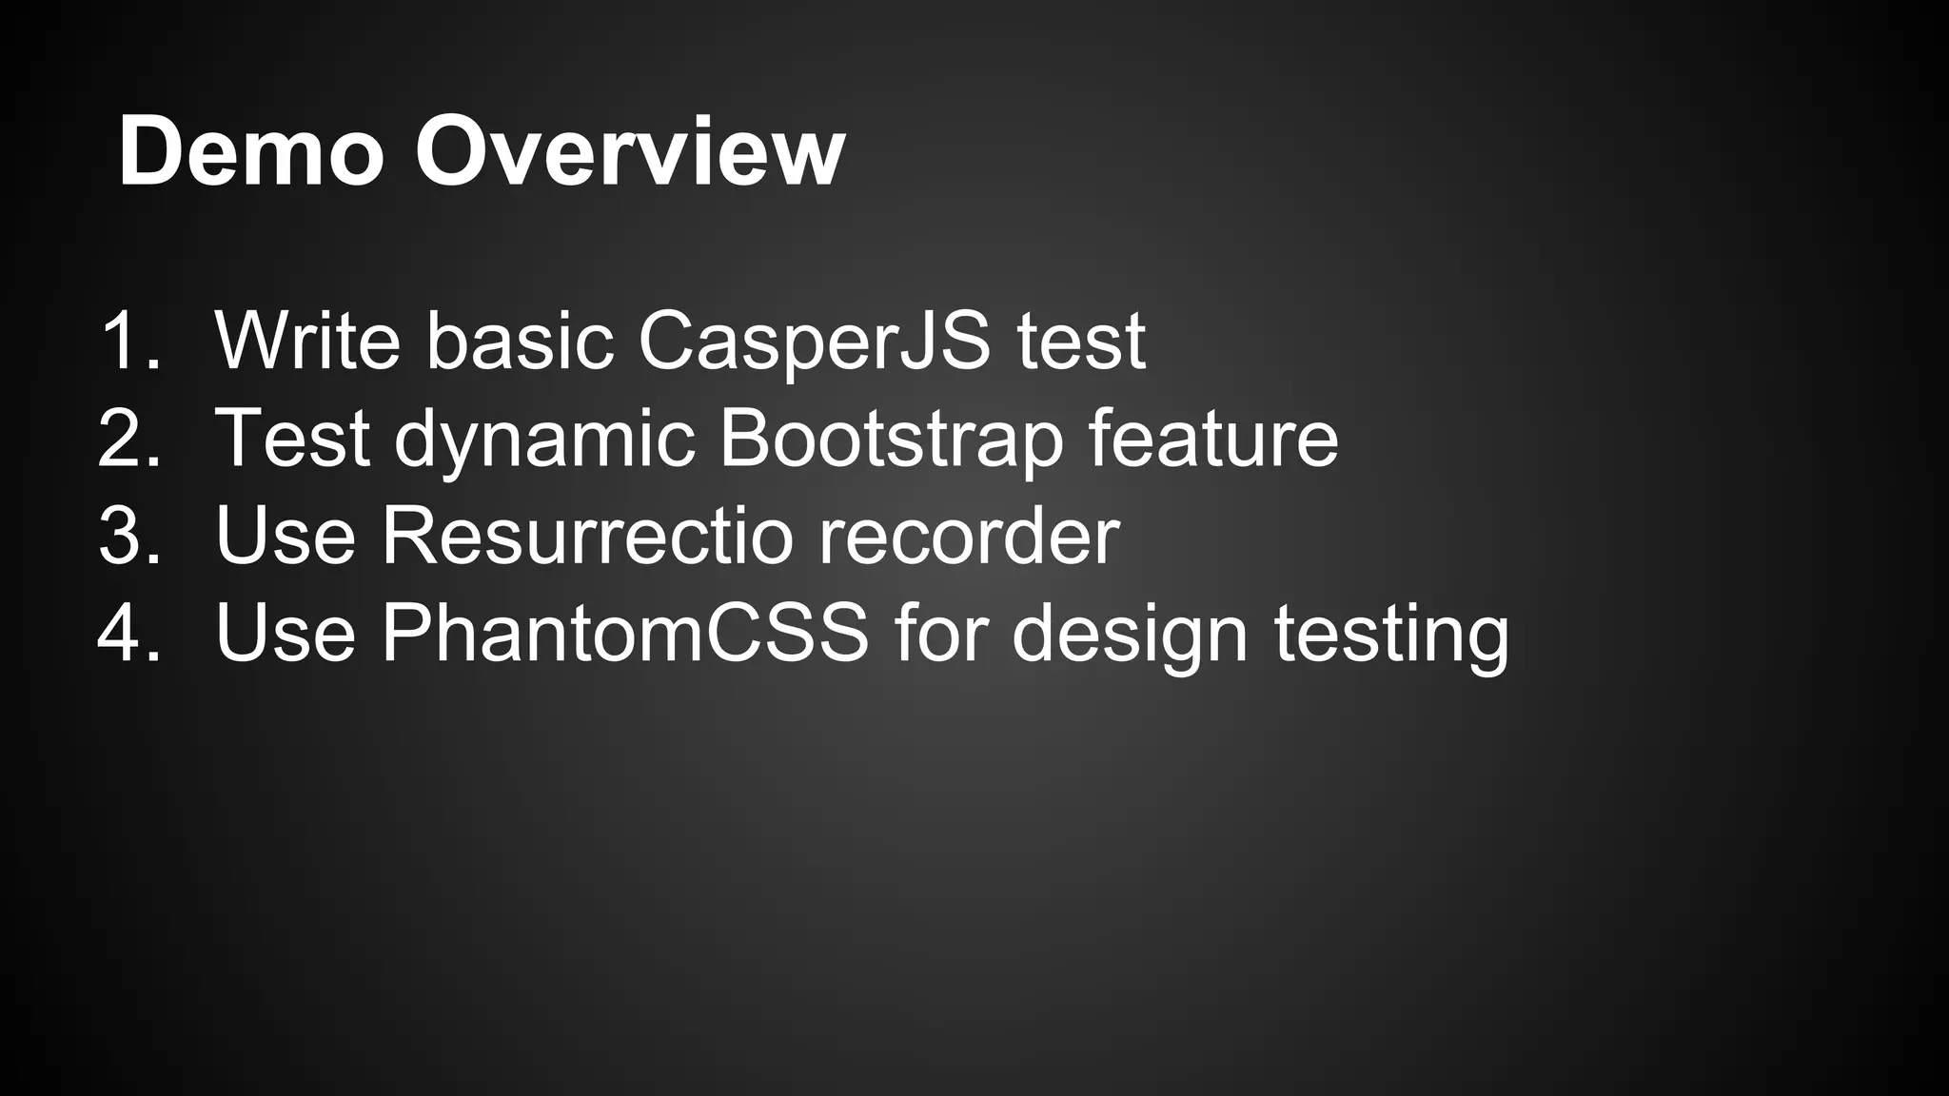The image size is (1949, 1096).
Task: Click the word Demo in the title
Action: (250, 152)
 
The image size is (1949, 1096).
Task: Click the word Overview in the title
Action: (629, 152)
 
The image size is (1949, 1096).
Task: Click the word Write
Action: (307, 341)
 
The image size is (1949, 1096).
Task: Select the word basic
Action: (520, 341)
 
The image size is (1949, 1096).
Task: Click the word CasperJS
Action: (814, 341)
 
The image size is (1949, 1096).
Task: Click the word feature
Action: (1213, 438)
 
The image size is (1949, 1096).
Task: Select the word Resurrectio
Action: (587, 536)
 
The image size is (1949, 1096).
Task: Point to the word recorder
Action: (969, 536)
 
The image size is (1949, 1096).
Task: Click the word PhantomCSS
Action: (625, 633)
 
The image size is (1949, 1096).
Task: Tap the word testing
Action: (1391, 635)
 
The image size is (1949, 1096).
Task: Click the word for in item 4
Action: (939, 633)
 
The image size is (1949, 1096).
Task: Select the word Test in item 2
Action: (292, 438)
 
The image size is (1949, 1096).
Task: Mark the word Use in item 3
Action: (285, 536)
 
